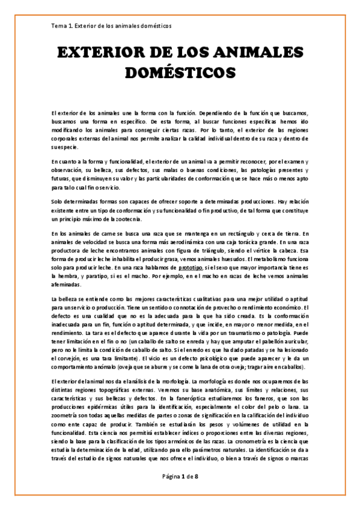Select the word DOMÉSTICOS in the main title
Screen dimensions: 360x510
(x=180, y=73)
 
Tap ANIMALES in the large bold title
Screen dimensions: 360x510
(x=260, y=54)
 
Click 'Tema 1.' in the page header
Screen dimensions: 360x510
(x=63, y=26)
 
